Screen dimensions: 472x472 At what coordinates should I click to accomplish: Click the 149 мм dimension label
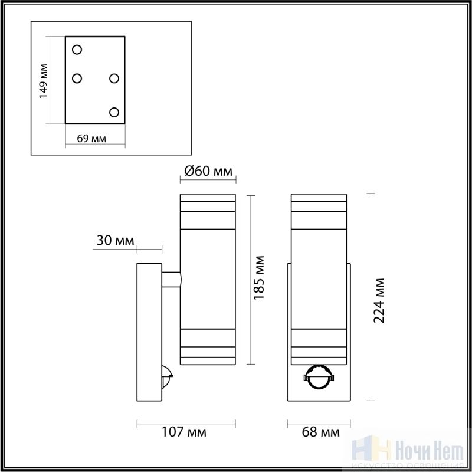click(x=44, y=81)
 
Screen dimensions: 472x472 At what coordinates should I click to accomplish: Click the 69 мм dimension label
click(x=91, y=139)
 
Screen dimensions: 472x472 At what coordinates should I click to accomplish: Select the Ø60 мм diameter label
click(x=208, y=171)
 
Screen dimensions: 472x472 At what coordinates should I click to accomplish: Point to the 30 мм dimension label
click(x=115, y=241)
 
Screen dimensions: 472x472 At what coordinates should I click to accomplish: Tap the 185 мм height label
click(x=258, y=278)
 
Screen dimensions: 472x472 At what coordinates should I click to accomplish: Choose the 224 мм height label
click(x=379, y=301)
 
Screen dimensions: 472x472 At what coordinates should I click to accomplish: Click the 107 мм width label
click(x=184, y=432)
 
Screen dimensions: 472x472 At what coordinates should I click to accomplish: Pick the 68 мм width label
click(x=320, y=432)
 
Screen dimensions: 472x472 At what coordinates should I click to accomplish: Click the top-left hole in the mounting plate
click(x=77, y=50)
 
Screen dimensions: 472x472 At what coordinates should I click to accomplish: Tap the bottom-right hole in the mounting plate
click(x=114, y=112)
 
